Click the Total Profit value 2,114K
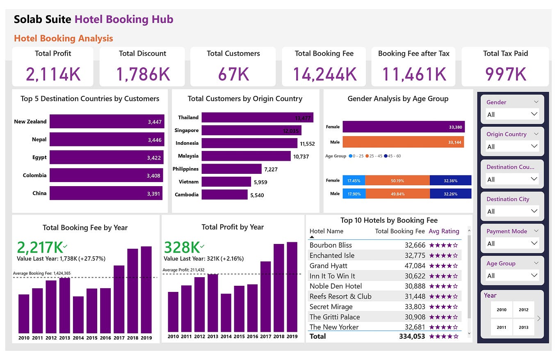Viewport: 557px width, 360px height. coord(53,74)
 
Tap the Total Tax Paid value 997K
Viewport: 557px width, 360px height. coord(505,74)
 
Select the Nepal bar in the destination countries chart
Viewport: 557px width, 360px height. coord(107,139)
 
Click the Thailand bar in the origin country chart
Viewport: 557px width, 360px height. coord(257,118)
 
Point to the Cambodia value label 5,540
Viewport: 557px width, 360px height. coord(257,195)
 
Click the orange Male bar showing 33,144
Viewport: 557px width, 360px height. coord(403,142)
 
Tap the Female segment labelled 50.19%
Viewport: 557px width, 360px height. coord(397,180)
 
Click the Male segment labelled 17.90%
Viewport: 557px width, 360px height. coord(354,194)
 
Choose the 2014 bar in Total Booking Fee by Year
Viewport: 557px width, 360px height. coord(78,314)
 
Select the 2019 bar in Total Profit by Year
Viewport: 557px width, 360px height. coord(292,287)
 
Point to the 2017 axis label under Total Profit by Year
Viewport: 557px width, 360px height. coord(265,337)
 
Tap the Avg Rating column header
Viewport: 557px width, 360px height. coord(444,231)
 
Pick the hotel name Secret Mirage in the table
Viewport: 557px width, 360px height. coord(331,307)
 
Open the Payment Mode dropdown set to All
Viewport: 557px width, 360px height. coord(512,244)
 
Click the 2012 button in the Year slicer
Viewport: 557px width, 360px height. coord(523,310)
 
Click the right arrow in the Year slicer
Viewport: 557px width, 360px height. coord(539,318)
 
